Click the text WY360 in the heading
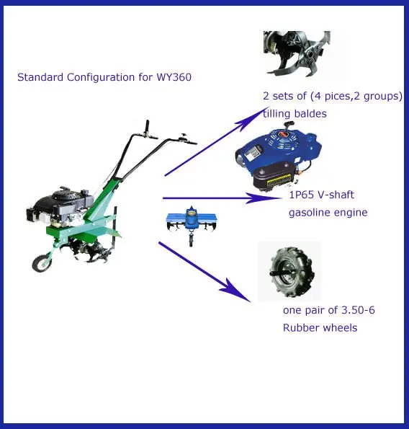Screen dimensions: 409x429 point(174,77)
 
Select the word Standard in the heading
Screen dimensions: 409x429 point(40,77)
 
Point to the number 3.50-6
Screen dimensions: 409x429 point(358,310)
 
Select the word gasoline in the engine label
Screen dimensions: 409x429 point(308,213)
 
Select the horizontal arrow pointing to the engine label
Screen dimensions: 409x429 point(223,198)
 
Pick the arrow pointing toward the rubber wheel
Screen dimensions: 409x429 point(204,272)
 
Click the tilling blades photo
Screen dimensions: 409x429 point(297,53)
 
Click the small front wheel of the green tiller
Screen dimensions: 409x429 point(42,263)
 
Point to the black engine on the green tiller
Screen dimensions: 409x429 point(60,206)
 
